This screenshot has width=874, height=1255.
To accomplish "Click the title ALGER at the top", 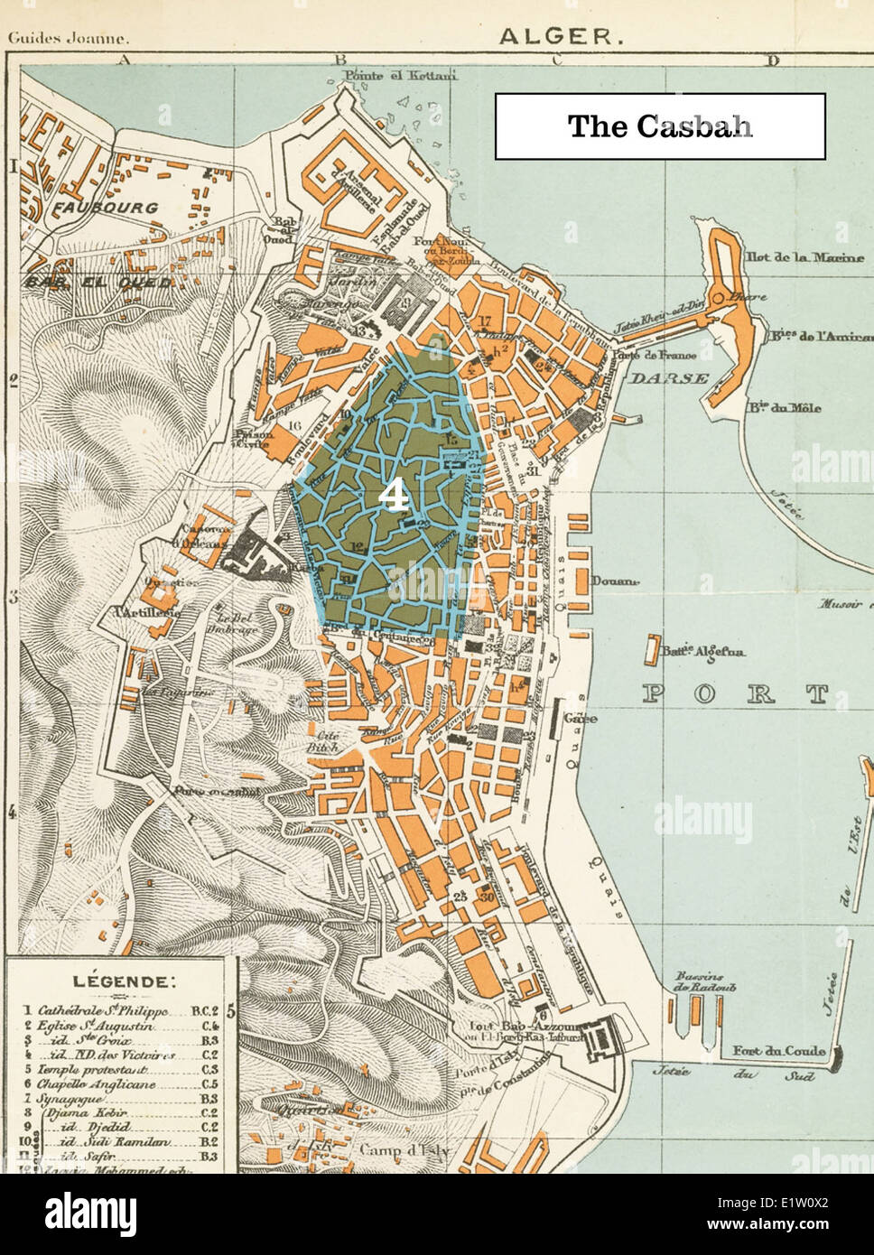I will tap(560, 36).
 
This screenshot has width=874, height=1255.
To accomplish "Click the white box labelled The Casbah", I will tap(659, 126).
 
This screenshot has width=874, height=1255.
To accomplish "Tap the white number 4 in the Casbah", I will tap(391, 496).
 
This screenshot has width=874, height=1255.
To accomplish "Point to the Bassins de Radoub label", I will tap(705, 982).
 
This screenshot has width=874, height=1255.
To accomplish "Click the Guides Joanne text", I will tap(68, 39).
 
